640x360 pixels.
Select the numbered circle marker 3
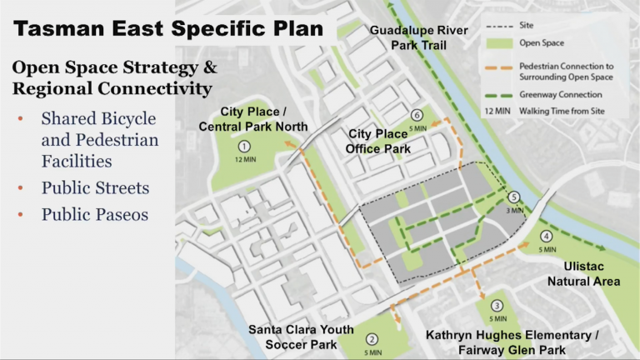(x=497, y=306)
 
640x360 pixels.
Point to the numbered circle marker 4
(x=546, y=236)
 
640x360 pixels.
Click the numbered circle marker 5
(x=514, y=197)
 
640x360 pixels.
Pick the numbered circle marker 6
(x=417, y=116)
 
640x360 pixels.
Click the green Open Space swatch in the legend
(x=496, y=41)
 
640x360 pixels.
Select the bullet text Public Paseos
(x=94, y=214)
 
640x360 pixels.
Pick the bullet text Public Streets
(x=95, y=187)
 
